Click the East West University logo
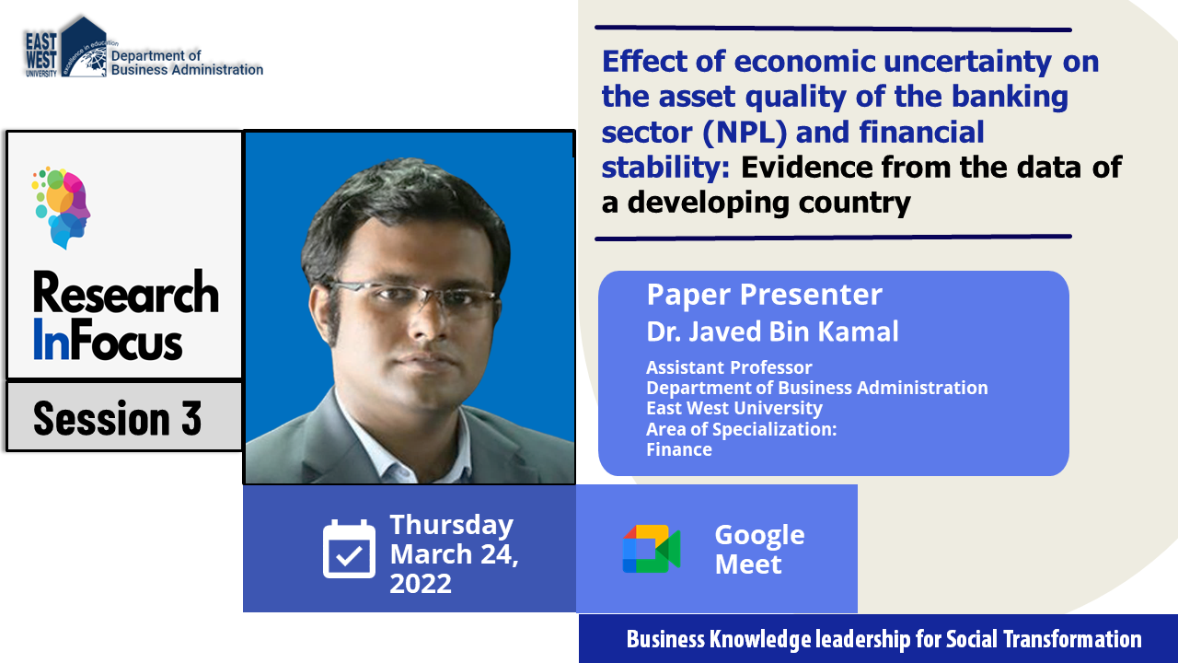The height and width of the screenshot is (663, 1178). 66,47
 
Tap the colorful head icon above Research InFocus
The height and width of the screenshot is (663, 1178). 61,208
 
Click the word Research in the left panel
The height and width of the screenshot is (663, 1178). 126,293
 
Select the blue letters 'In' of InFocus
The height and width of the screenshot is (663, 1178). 51,340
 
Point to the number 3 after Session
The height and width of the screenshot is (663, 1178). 191,418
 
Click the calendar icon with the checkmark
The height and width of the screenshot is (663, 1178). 349,549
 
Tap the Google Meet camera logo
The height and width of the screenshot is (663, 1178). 652,549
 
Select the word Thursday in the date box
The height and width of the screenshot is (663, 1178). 451,525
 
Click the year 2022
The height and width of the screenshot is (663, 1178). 421,584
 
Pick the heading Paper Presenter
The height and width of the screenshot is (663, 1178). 764,294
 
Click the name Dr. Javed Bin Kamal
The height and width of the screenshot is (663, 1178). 772,331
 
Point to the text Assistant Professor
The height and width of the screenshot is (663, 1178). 729,367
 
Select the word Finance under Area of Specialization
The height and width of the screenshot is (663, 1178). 679,449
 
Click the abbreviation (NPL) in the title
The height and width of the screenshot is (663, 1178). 745,132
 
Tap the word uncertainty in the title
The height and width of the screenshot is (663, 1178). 967,62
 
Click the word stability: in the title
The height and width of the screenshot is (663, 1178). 665,168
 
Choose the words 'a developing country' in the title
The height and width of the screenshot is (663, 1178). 756,204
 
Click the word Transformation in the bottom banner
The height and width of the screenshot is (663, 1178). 1072,639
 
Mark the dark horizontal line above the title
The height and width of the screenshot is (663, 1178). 833,29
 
